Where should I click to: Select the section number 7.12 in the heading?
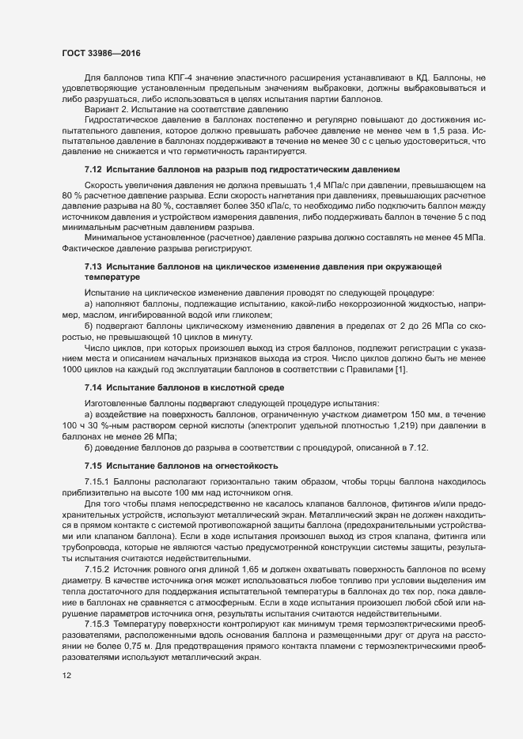(93, 170)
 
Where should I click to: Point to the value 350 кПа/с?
(290, 205)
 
